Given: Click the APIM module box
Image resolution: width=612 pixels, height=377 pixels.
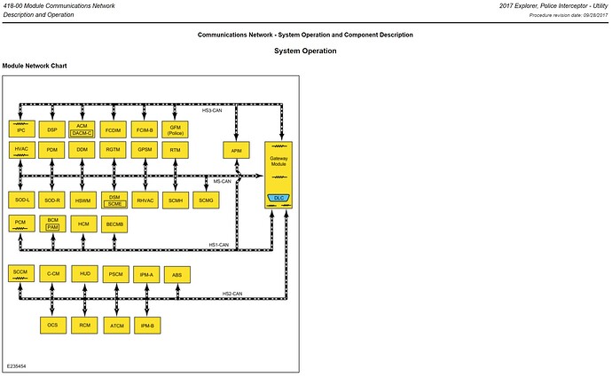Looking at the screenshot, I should tap(236, 152).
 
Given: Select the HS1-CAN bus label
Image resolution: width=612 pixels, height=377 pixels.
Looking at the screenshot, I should tap(218, 244).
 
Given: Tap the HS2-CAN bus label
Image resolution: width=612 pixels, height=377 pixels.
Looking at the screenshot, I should tap(232, 293).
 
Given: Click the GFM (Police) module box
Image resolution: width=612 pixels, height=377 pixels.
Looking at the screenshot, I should tap(176, 130).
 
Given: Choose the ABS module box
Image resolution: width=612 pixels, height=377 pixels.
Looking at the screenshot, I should tap(177, 276).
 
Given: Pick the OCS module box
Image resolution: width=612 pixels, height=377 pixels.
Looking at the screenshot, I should tap(52, 326).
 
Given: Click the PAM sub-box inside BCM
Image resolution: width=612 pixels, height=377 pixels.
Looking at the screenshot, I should tap(53, 227).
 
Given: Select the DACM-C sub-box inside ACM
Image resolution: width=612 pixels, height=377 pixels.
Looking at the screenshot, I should tap(82, 133).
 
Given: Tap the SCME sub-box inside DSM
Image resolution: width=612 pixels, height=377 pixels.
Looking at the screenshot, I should tap(114, 204).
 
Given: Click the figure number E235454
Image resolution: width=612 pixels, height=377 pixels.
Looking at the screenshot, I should tap(17, 365).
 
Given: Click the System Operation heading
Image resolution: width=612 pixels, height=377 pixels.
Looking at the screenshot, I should tap(305, 51).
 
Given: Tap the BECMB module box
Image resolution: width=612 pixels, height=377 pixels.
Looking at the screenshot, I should tap(114, 224).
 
